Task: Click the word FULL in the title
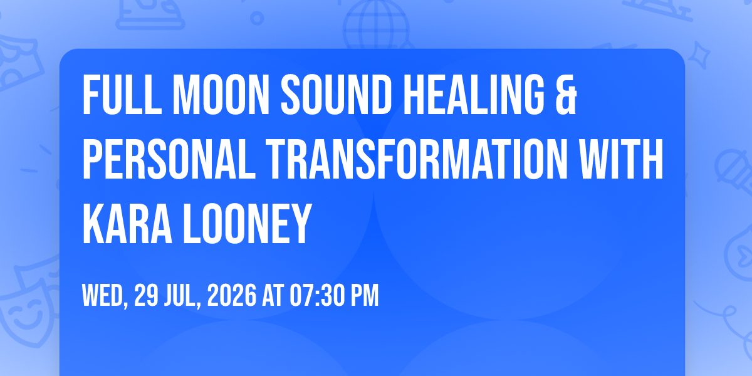pos(122,95)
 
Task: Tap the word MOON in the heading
pos(222,95)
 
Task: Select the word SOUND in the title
pos(337,95)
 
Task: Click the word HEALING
pos(474,95)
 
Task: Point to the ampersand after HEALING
pos(566,95)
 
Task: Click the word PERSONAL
pos(169,159)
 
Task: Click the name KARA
pos(127,224)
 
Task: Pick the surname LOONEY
pos(247,224)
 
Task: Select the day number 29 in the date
pos(146,295)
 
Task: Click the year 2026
pos(232,295)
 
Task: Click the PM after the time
pos(365,295)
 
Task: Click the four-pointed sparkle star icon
pos(699,55)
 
